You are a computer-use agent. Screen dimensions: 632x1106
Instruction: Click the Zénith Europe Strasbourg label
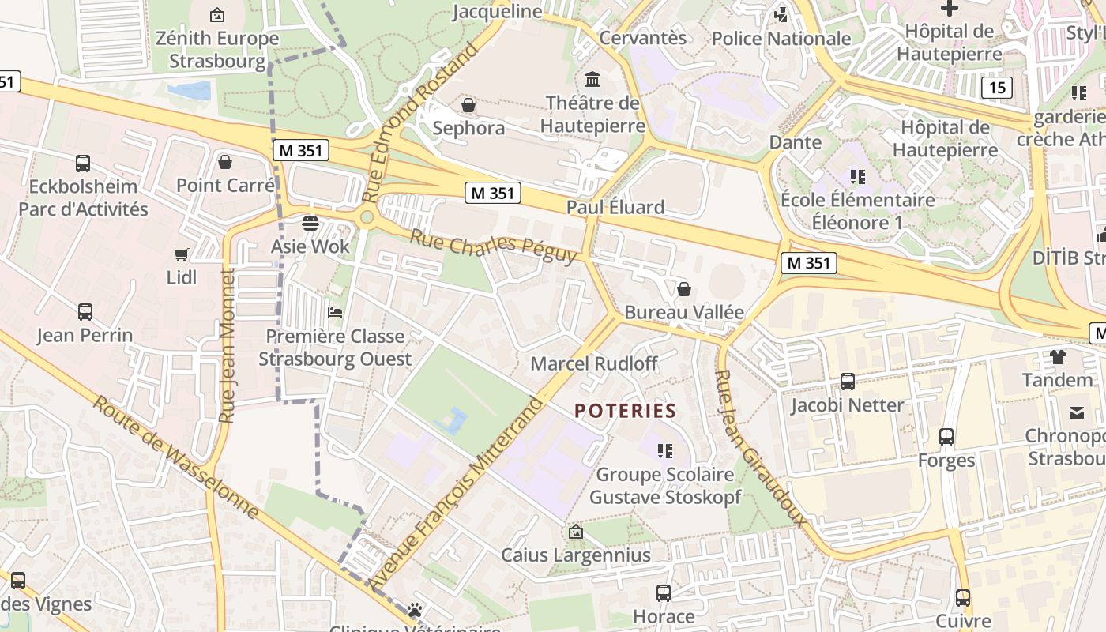point(217,49)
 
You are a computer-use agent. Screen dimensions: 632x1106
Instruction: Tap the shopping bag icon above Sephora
point(468,105)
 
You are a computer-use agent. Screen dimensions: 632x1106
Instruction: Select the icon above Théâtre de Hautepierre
point(592,79)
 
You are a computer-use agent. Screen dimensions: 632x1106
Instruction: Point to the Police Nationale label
point(781,38)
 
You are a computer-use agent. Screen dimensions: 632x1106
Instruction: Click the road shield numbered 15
point(996,87)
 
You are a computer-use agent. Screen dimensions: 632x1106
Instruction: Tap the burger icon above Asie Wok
point(310,223)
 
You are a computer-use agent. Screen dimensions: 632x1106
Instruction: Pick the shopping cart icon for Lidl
point(182,254)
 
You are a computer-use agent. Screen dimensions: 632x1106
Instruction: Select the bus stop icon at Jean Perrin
point(85,312)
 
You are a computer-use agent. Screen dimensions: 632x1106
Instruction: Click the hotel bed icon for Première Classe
point(335,313)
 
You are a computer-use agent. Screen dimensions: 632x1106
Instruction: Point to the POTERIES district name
point(626,411)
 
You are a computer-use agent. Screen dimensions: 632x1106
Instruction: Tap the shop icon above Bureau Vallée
point(684,289)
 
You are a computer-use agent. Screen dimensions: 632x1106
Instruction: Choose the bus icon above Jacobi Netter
point(848,382)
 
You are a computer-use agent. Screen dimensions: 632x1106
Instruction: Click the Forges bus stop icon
point(946,437)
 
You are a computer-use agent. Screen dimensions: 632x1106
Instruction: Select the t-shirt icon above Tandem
point(1057,356)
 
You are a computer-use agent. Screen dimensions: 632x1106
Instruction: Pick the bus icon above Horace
point(664,592)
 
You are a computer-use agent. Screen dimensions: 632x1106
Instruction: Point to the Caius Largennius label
point(576,555)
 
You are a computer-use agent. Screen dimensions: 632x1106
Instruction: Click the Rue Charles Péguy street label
point(494,246)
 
